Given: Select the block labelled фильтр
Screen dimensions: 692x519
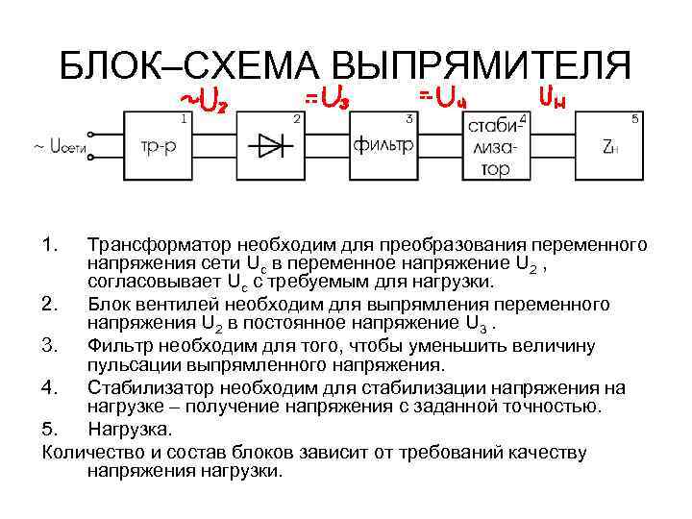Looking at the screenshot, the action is click(x=383, y=146).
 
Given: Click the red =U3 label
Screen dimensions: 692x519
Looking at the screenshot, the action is click(x=327, y=98).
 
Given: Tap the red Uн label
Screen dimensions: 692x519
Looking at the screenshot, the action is click(x=552, y=97).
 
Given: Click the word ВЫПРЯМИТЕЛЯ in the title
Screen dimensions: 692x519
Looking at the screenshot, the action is click(x=481, y=66).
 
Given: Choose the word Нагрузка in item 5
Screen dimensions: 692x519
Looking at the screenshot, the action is click(x=129, y=429).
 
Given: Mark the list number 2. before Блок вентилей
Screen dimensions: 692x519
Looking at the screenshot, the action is click(x=52, y=305).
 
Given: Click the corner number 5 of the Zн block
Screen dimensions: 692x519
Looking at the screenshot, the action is click(x=634, y=118).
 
